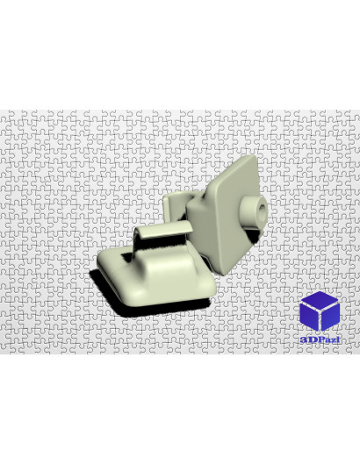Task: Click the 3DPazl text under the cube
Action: click(320, 340)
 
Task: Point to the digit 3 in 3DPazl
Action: click(303, 340)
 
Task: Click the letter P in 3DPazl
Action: click(320, 340)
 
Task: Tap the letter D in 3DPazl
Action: click(311, 340)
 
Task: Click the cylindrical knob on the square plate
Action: click(253, 211)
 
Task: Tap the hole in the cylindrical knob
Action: click(262, 211)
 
